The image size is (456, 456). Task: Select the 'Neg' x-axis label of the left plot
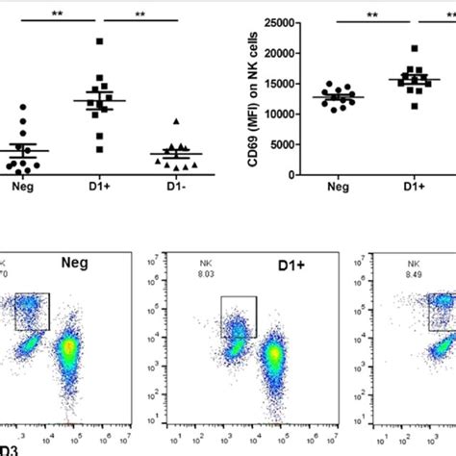(x=21, y=191)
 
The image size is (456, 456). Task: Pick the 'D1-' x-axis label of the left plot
(x=174, y=191)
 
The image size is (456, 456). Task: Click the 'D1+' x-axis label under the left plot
(x=99, y=191)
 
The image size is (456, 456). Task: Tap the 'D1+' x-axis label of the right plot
(x=415, y=191)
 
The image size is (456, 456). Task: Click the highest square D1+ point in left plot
(x=100, y=40)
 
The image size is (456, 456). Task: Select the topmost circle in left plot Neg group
(x=24, y=107)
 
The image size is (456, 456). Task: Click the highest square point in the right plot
(x=415, y=48)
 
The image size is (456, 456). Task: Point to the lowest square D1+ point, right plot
(x=415, y=105)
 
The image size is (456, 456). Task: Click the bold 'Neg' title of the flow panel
(x=76, y=261)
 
